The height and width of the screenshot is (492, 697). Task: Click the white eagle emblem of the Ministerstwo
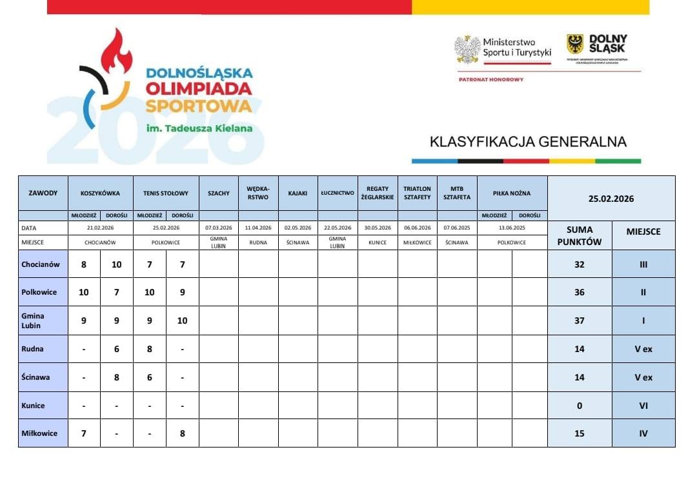[x=467, y=48]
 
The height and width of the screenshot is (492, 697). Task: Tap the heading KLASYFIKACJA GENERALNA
[x=528, y=141]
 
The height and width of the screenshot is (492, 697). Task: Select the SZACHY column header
[x=218, y=193]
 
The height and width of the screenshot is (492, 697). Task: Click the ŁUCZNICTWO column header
[x=338, y=193]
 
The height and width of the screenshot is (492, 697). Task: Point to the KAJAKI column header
[x=298, y=193]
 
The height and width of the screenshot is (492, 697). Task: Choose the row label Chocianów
[x=41, y=264]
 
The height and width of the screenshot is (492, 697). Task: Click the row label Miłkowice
[x=39, y=433]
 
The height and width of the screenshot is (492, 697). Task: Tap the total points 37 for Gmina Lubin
[x=580, y=320]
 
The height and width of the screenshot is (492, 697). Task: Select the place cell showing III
[x=643, y=264]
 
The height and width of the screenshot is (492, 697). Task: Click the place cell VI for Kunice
[x=643, y=406]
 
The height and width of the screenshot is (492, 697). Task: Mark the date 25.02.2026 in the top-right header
[x=611, y=199]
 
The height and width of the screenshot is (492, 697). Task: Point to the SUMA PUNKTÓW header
[x=579, y=236]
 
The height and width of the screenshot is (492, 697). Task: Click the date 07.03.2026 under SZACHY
[x=218, y=228]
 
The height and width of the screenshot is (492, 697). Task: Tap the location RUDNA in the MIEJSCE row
[x=258, y=242]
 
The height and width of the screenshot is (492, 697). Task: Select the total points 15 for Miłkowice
[x=580, y=433]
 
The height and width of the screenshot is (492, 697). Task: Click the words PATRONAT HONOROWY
[x=490, y=79]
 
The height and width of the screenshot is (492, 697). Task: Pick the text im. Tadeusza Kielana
[x=199, y=128]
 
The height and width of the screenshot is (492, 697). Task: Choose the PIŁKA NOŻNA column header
[x=512, y=193]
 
